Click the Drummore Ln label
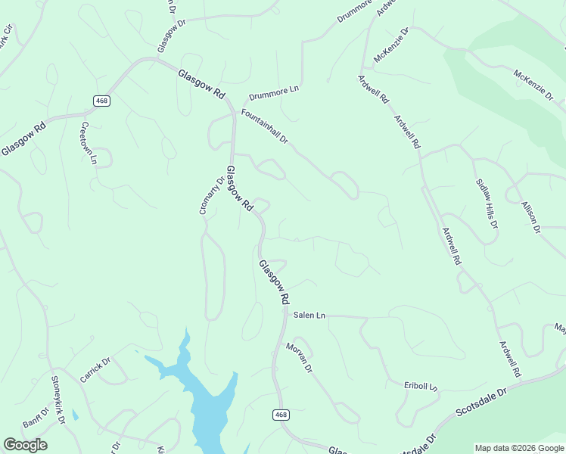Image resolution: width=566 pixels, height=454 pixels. [x=274, y=93]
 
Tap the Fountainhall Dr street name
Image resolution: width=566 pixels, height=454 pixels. [x=264, y=126]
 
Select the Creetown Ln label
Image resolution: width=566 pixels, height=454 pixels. [x=89, y=142]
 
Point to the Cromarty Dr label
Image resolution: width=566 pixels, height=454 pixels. [x=212, y=195]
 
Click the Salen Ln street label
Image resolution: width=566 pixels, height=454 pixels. [x=309, y=315]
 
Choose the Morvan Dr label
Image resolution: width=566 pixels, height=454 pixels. [x=299, y=357]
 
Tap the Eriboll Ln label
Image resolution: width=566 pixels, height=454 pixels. [x=421, y=386]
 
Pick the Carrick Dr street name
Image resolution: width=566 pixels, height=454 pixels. [x=95, y=368]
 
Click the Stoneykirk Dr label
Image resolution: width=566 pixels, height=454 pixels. [x=58, y=400]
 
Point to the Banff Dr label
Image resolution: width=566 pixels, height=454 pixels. [x=36, y=418]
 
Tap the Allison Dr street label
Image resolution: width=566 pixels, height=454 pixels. [x=531, y=216]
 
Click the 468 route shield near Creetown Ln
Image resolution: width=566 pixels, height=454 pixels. [x=101, y=101]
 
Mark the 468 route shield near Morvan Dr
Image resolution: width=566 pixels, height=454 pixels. [x=281, y=415]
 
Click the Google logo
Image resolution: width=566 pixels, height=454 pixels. [x=25, y=444]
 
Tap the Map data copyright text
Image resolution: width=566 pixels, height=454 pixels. [x=518, y=448]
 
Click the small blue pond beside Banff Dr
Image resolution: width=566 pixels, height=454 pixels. [x=75, y=415]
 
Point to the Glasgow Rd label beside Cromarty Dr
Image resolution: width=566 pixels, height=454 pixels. [x=240, y=188]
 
